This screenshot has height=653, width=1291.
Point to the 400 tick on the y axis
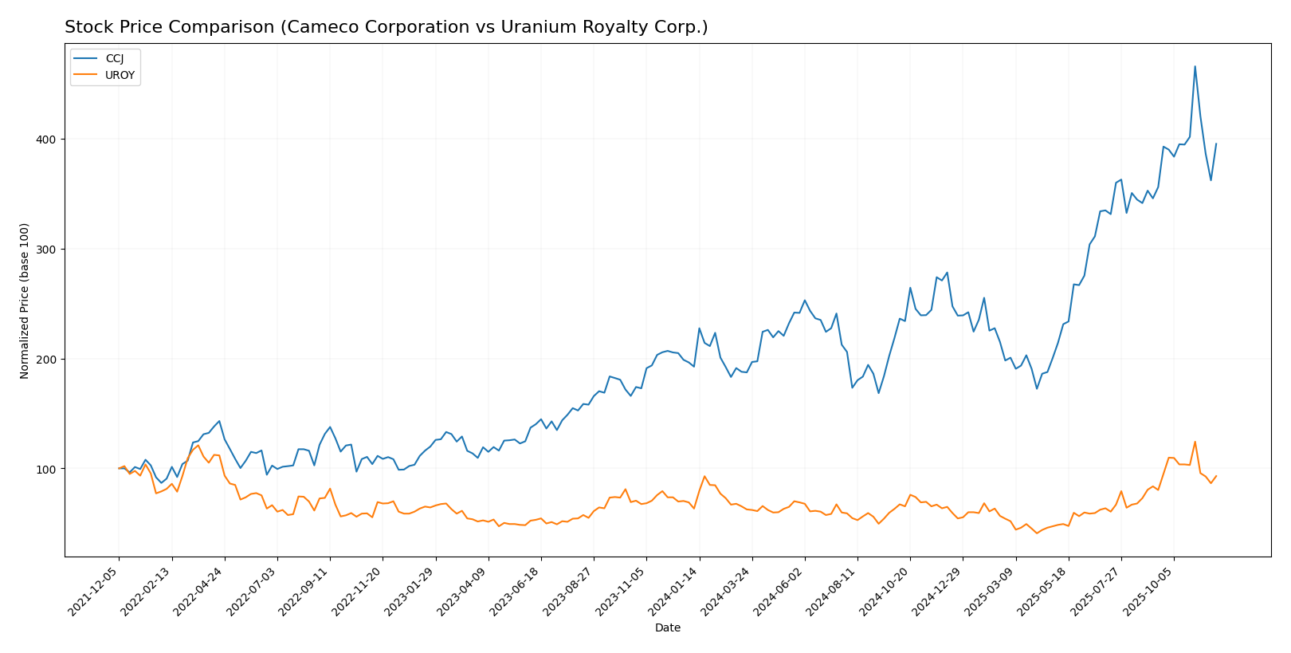(49, 140)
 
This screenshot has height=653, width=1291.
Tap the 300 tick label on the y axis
(49, 250)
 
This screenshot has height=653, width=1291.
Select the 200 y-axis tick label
(49, 359)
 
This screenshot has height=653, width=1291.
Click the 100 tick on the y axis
(49, 469)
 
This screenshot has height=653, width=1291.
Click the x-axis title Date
(668, 628)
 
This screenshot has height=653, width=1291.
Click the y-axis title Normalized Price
(25, 301)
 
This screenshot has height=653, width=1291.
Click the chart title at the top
(386, 27)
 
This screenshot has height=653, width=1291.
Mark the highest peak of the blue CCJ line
(1195, 66)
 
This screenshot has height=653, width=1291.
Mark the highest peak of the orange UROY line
(1195, 442)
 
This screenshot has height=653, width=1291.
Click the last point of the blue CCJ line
(1216, 144)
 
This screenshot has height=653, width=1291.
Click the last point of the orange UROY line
(1216, 476)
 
